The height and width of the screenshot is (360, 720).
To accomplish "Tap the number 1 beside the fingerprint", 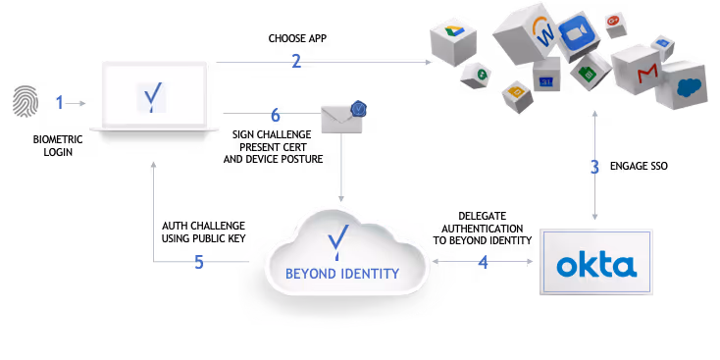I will [59, 102].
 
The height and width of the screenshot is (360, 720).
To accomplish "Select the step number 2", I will [295, 61].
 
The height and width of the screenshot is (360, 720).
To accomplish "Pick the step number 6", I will [275, 115].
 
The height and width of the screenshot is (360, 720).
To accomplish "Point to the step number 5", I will [198, 262].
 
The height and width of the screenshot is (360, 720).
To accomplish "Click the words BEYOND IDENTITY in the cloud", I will [341, 274].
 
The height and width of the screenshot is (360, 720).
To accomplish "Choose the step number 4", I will [483, 262].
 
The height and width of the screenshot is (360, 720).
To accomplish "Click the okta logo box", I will [595, 263].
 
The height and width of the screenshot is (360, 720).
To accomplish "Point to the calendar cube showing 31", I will [546, 78].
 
